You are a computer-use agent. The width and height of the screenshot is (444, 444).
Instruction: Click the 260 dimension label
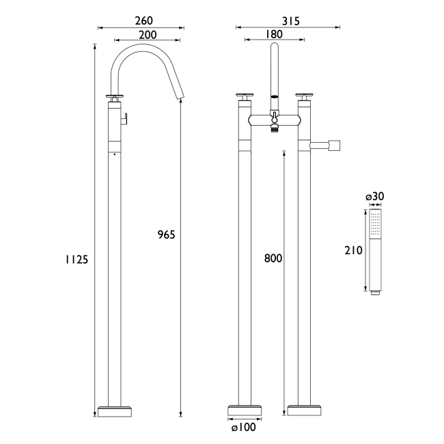click(141, 20)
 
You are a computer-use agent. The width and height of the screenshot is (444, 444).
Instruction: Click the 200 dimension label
click(148, 35)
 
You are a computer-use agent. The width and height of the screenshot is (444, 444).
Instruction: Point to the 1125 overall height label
click(77, 259)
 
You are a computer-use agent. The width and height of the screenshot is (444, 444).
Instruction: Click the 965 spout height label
click(166, 234)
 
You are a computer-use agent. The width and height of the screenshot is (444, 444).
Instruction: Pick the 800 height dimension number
click(273, 259)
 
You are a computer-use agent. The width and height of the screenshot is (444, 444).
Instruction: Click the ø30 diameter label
click(375, 197)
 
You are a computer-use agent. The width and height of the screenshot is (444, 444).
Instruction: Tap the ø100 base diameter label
click(243, 428)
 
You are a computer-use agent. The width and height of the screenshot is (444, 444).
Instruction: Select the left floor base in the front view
click(244, 411)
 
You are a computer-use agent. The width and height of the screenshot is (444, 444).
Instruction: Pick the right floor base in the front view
click(304, 411)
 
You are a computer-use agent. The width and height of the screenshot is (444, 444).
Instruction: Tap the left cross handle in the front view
click(244, 96)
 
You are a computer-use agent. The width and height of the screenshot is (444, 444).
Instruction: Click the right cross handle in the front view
click(304, 96)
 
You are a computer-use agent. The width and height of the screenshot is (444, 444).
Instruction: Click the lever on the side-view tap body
click(125, 120)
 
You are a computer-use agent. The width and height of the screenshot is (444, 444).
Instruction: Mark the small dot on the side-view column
click(113, 155)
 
